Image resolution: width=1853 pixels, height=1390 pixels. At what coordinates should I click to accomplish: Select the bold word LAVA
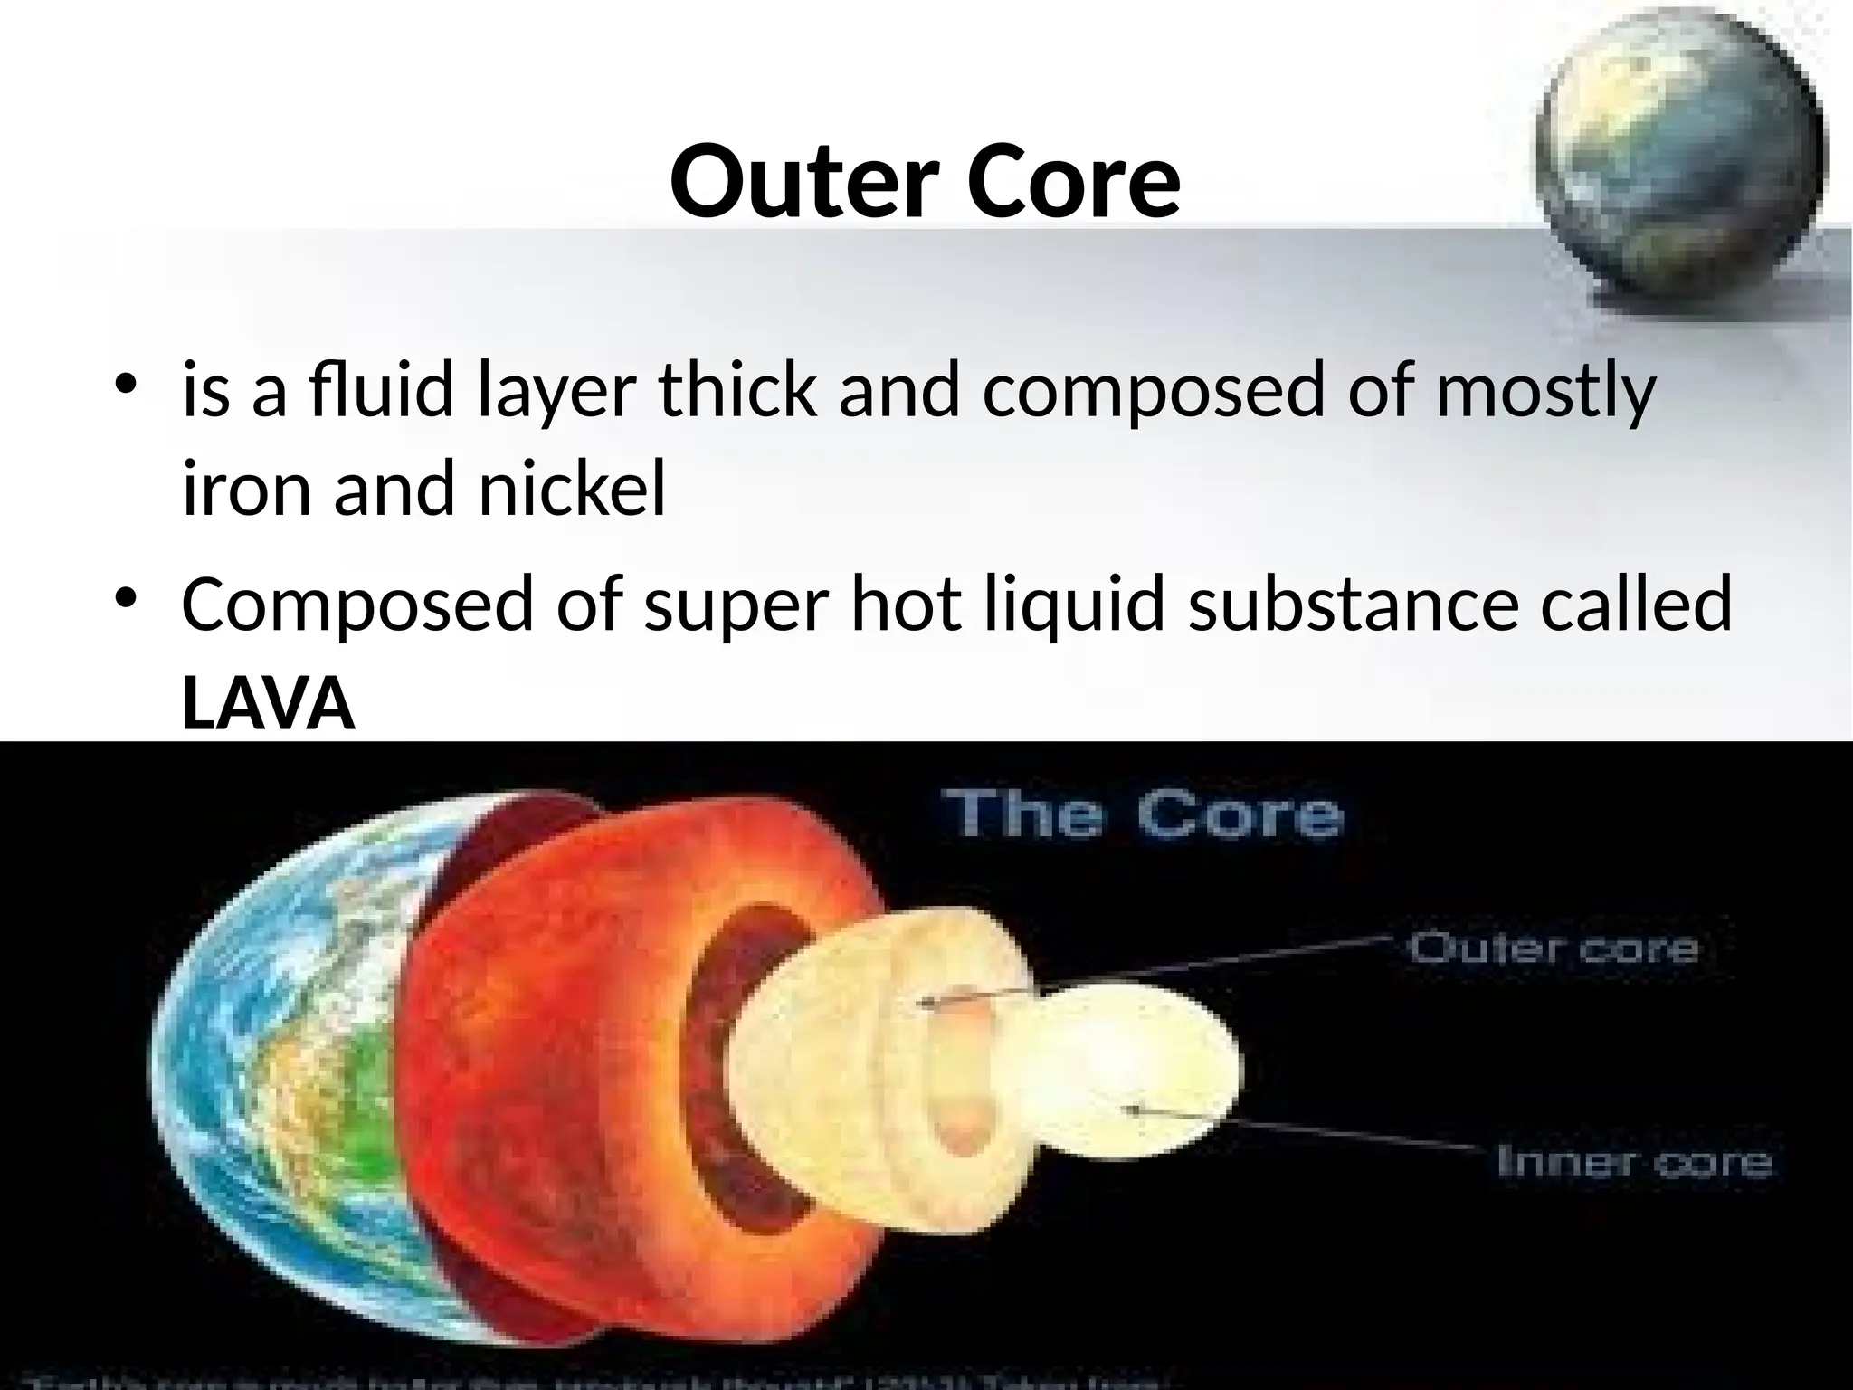click(x=269, y=705)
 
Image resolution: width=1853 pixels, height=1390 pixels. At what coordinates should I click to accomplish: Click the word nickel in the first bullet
click(x=571, y=490)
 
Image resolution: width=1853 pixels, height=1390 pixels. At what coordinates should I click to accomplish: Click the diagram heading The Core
click(x=1144, y=814)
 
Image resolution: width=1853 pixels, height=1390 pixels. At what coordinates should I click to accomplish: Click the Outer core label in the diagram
click(x=1553, y=948)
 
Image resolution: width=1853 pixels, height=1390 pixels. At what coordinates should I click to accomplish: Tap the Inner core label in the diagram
click(x=1634, y=1161)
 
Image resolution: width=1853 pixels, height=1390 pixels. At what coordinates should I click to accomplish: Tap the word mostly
click(x=1544, y=390)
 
